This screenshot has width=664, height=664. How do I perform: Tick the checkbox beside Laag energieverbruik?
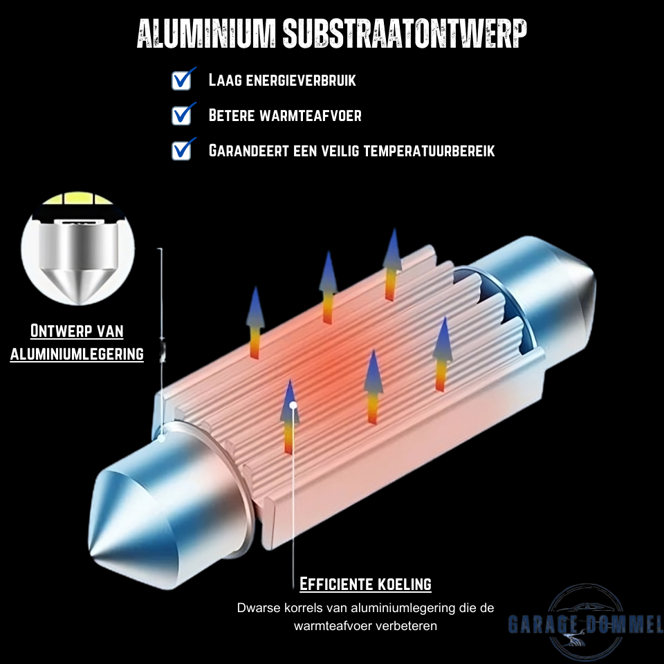(x=181, y=80)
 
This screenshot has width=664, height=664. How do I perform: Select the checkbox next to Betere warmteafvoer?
(x=181, y=115)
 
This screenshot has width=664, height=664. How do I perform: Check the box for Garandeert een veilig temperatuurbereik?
(x=181, y=150)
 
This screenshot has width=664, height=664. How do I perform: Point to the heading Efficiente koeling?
(x=365, y=584)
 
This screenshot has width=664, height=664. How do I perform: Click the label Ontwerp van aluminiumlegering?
(x=77, y=342)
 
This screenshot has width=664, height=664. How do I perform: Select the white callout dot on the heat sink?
(x=294, y=405)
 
